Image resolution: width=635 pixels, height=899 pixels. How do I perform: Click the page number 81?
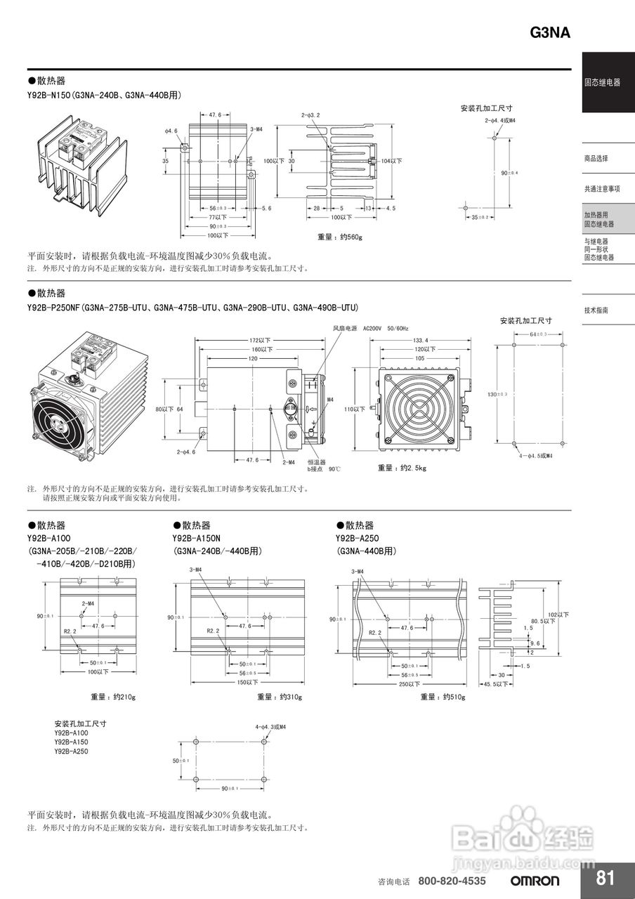tap(605, 878)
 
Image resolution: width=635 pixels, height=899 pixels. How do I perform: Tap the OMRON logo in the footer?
tap(535, 881)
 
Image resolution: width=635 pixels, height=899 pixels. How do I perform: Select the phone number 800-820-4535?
tap(452, 881)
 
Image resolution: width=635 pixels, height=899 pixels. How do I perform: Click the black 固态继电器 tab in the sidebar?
tap(602, 82)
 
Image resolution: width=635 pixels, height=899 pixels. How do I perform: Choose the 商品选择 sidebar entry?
tap(596, 159)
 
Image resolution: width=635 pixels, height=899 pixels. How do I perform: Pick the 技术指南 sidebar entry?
tap(596, 310)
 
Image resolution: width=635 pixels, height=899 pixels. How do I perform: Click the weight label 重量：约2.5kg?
tap(402, 468)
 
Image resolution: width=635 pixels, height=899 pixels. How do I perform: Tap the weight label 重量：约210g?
tap(112, 697)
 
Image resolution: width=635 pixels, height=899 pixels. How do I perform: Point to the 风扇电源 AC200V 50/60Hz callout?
tap(360, 328)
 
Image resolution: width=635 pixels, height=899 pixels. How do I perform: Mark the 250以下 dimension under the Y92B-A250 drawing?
tap(410, 683)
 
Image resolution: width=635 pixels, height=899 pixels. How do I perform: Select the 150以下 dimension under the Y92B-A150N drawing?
tap(247, 682)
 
